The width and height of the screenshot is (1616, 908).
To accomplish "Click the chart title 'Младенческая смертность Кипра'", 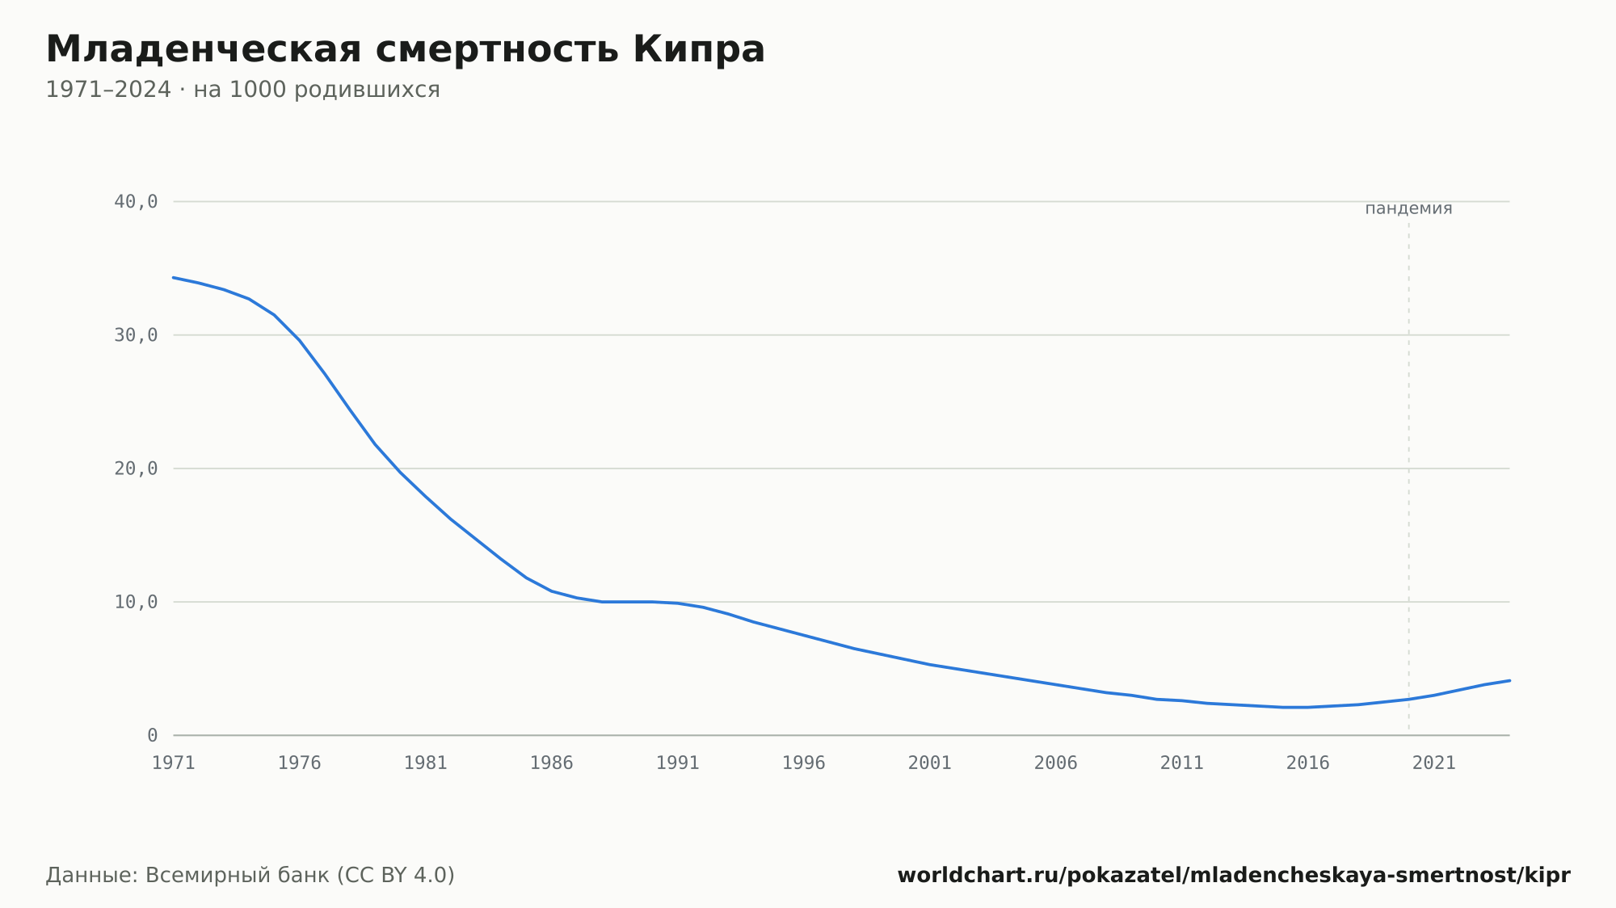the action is [406, 49].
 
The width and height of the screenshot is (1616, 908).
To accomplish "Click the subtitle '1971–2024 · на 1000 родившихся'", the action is [242, 90].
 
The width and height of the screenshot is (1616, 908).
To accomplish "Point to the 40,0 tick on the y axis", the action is [136, 202].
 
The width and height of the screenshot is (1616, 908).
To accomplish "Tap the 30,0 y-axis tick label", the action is [136, 335].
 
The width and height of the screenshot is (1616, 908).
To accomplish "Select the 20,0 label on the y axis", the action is [136, 469].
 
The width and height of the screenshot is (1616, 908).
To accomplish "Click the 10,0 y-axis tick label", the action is [136, 602].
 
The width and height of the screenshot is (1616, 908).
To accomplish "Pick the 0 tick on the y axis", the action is [153, 735].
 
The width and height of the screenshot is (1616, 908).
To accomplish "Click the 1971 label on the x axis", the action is [174, 763].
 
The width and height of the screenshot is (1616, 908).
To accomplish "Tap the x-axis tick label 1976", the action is [300, 763].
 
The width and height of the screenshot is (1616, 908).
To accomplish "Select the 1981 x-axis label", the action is [426, 763].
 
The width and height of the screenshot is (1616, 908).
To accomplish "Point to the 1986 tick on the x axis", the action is [552, 763].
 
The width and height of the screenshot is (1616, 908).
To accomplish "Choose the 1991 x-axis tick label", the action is [678, 763].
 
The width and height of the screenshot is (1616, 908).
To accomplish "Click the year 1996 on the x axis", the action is [804, 763].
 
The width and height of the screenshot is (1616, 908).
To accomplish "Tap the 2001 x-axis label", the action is [930, 763].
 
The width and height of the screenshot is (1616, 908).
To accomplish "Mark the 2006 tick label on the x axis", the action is [1056, 763].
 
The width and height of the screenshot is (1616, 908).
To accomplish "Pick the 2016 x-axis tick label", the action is [1308, 763].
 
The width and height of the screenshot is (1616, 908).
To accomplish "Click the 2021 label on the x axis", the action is [1434, 763].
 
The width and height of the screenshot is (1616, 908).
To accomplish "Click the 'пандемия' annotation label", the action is [1408, 208].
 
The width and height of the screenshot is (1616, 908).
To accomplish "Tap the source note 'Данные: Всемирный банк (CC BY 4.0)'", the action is [250, 875].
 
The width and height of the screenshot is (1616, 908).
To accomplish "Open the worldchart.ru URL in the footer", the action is [1234, 875].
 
